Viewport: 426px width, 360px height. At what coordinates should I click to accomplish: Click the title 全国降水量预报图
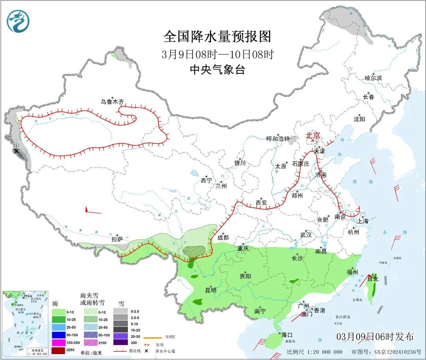[217, 37]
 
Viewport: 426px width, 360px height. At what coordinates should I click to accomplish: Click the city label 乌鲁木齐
[112, 102]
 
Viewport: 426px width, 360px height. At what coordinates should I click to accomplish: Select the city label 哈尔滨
[373, 78]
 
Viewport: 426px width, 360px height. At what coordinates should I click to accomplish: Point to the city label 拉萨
[117, 239]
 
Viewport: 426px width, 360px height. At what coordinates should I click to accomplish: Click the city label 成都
[223, 237]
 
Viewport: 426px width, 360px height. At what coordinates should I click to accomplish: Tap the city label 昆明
[211, 290]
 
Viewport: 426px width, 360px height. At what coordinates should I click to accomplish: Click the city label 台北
[372, 278]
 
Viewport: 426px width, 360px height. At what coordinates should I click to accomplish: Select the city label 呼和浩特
[278, 139]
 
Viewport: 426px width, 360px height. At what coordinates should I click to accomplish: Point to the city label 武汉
[306, 235]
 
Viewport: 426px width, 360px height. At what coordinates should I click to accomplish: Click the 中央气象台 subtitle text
[217, 70]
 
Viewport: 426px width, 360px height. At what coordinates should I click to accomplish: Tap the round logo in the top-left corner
[18, 21]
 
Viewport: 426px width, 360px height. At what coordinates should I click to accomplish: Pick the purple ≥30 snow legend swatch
[121, 342]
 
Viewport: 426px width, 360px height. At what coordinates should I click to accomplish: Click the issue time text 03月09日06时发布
[375, 336]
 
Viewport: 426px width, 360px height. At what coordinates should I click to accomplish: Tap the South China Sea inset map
[25, 323]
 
